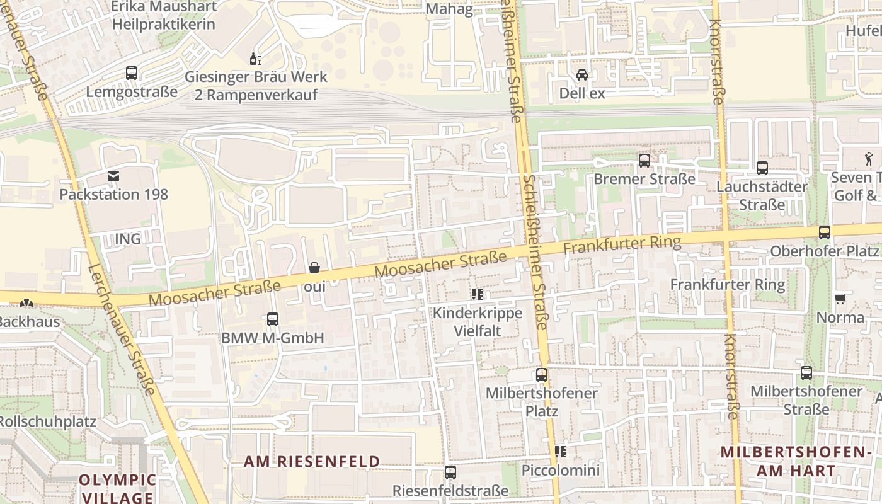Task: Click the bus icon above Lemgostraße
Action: pos(132,73)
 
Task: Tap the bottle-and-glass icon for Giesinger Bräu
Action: pos(256,59)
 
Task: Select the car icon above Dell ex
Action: pos(582,75)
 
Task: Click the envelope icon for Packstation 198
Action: pos(113,176)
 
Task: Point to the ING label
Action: pos(128,239)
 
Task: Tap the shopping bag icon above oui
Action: pos(314,268)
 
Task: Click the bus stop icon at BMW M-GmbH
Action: pos(273,319)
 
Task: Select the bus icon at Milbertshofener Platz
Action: pos(542,375)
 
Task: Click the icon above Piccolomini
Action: pos(561,452)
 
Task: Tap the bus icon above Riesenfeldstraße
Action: pos(450,472)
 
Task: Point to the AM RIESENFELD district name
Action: pos(312,462)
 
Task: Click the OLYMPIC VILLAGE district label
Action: pos(117,488)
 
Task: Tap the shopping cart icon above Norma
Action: pos(840,299)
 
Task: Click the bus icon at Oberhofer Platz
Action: pos(825,232)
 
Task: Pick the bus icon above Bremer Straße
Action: pos(644,161)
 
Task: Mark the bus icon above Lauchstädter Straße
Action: pos(762,168)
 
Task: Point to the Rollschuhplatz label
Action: pos(48,421)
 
